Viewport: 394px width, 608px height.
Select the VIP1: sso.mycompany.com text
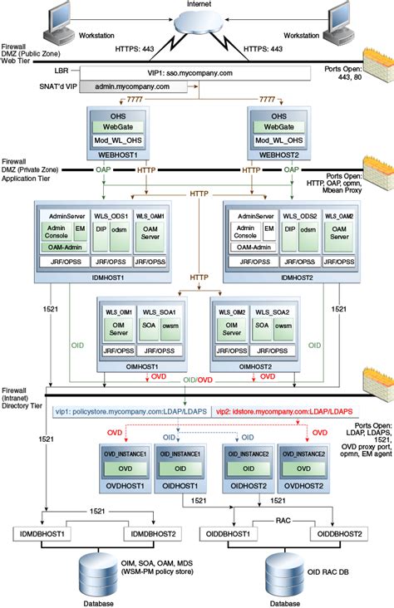click(198, 72)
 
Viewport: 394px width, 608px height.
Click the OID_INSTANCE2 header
click(248, 453)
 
